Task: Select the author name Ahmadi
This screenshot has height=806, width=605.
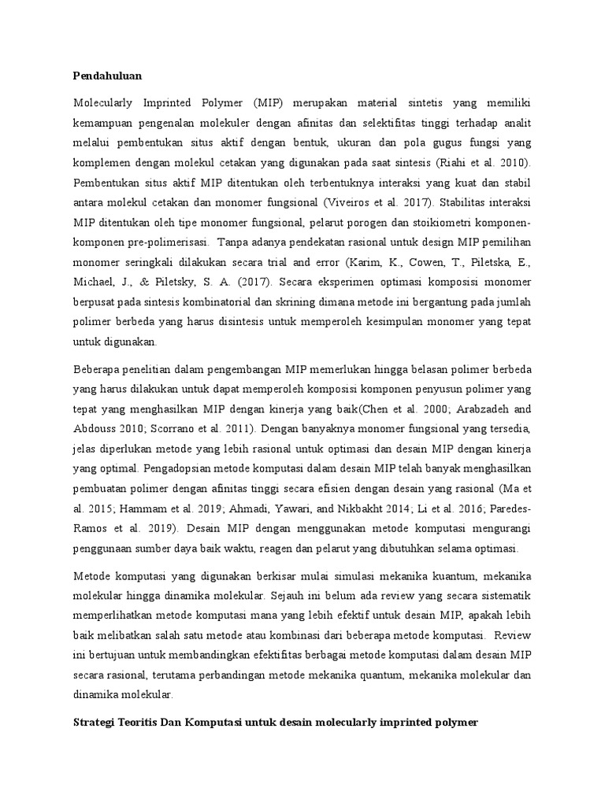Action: (205, 508)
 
